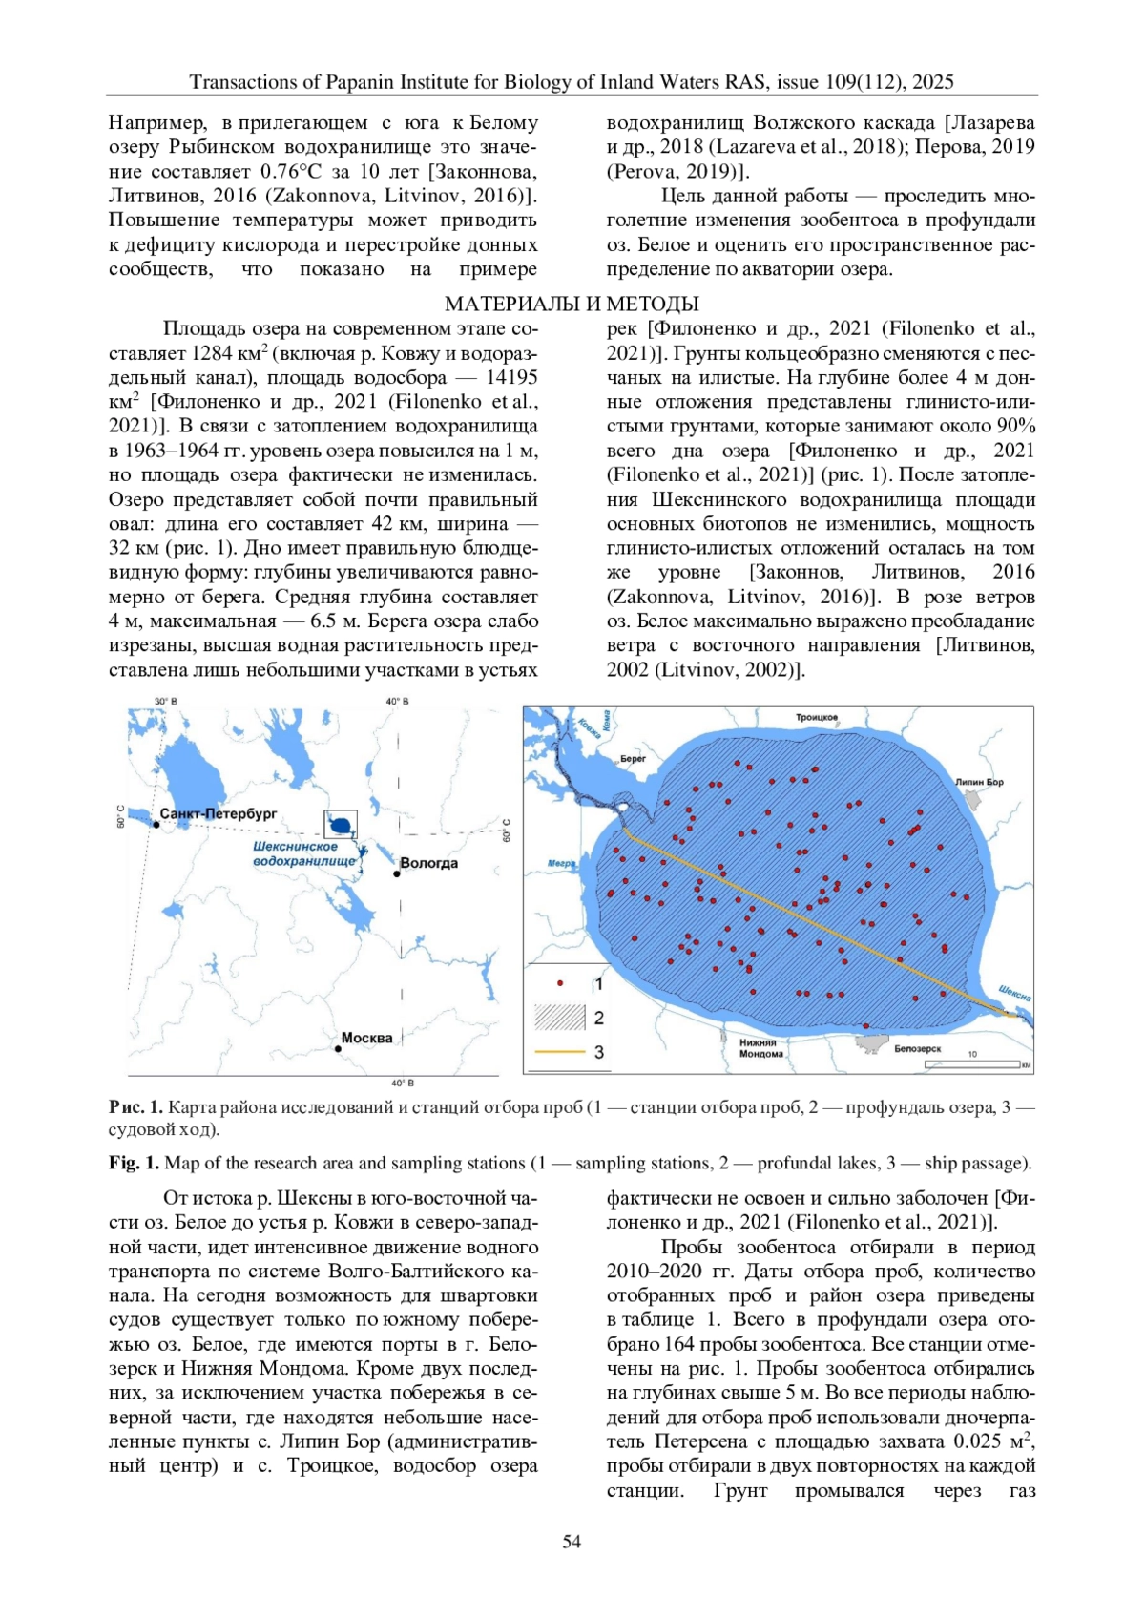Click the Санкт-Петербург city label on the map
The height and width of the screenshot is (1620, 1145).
219,813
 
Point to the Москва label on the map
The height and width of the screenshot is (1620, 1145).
367,1038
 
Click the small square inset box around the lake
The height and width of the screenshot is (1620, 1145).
341,822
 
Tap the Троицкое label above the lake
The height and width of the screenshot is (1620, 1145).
817,717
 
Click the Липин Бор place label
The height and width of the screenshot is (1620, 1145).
979,782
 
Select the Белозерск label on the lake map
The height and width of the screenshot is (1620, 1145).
918,1049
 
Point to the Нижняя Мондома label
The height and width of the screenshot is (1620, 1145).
761,1048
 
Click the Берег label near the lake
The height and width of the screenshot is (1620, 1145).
633,759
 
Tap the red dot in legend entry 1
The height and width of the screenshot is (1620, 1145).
561,982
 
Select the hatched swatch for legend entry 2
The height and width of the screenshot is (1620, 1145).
560,1017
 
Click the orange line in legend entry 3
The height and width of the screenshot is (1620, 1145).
560,1052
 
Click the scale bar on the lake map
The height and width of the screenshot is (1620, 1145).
984,1063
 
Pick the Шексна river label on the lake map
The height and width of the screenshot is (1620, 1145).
1014,993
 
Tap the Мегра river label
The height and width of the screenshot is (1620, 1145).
561,864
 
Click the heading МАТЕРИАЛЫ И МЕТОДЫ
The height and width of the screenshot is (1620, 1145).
572,304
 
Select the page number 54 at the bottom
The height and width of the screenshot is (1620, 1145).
572,1542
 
